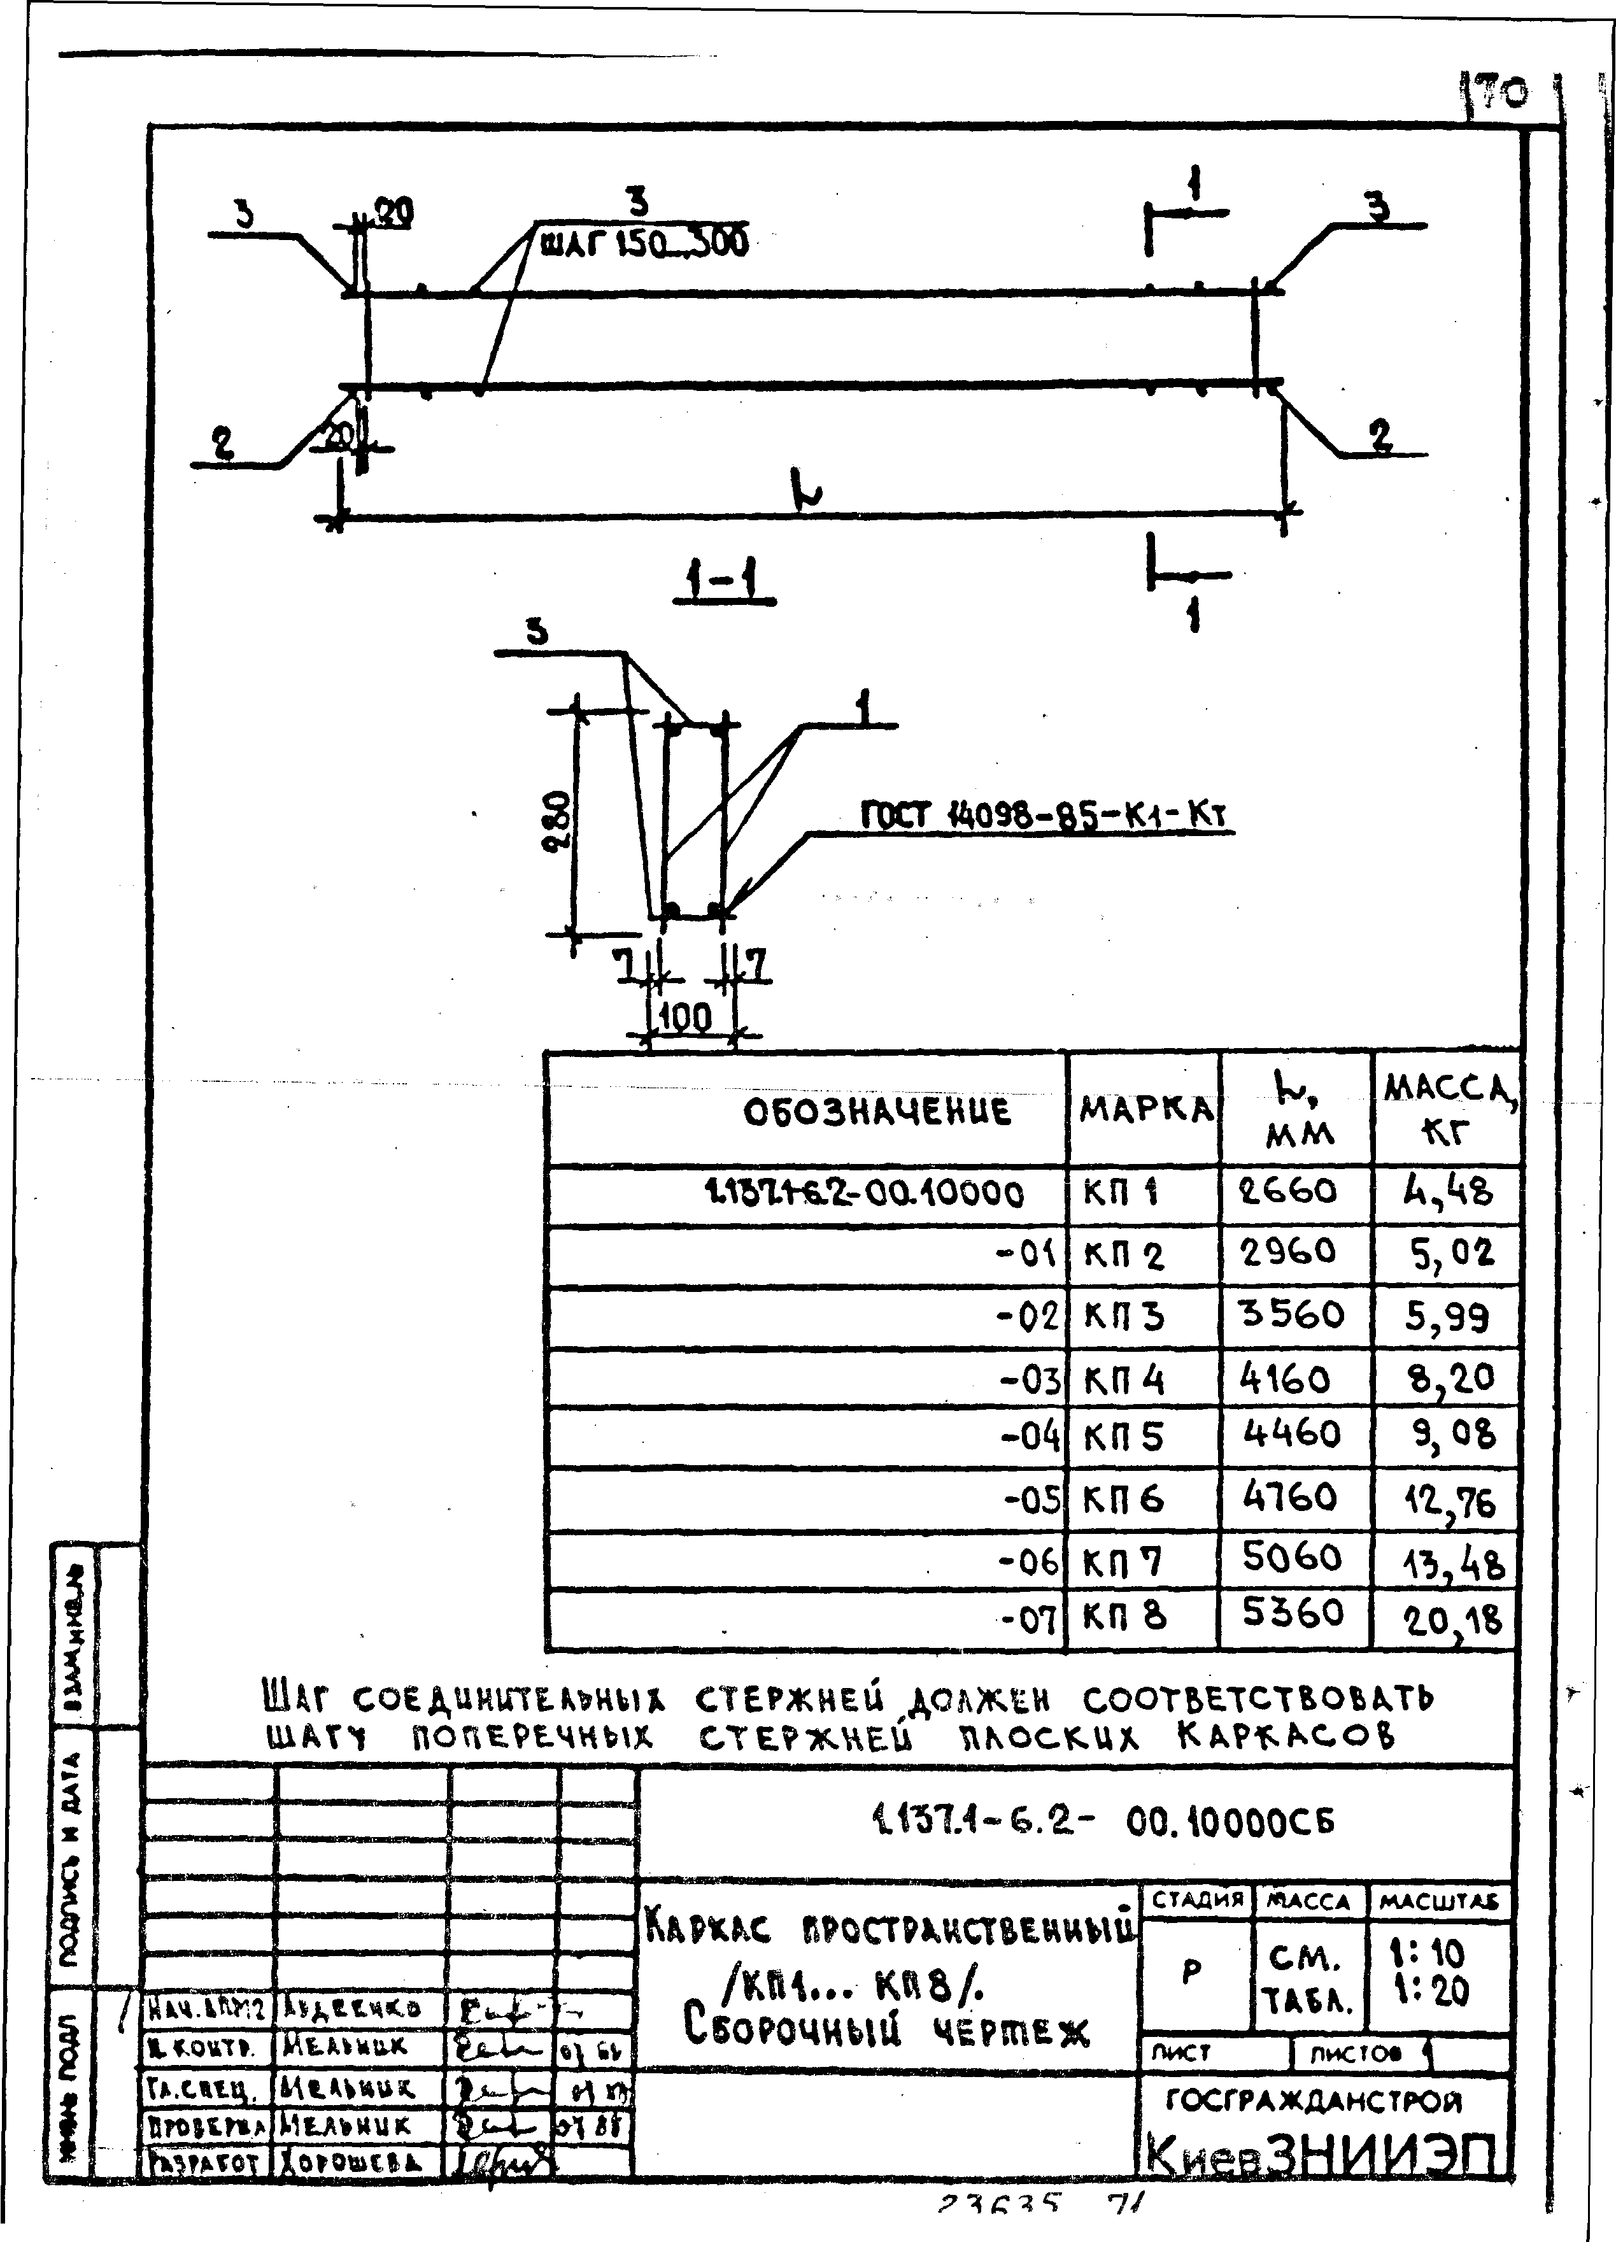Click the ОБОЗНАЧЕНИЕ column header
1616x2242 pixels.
877,1111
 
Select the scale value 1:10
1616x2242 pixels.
1439,1954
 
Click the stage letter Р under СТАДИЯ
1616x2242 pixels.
1192,1969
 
